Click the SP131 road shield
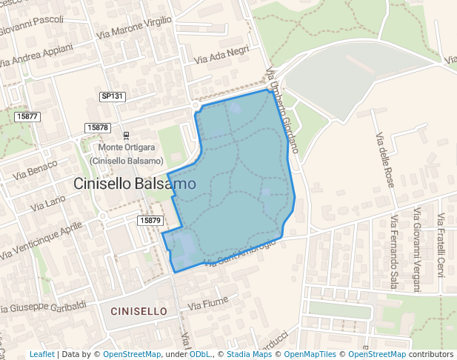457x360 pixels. (x=113, y=96)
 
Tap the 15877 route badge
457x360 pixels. (x=27, y=116)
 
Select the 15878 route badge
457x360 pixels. (x=98, y=127)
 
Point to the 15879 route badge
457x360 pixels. (x=150, y=221)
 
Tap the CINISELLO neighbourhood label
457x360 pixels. (x=139, y=311)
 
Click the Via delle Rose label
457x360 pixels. (x=385, y=159)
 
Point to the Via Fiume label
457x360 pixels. (x=209, y=303)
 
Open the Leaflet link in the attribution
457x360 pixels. (x=41, y=355)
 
